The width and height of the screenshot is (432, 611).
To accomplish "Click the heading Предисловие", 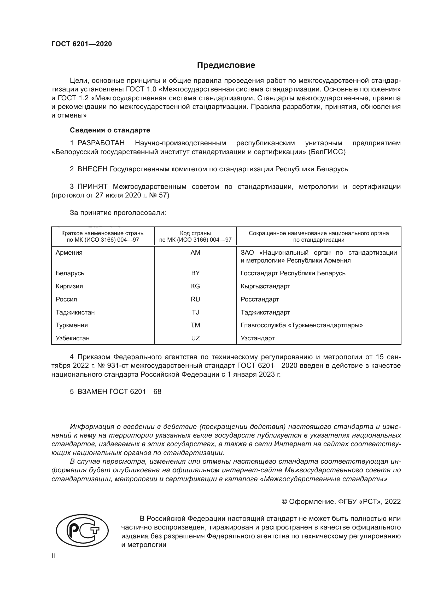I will [x=226, y=65].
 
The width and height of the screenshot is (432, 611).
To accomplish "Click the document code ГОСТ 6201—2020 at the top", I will [x=82, y=44].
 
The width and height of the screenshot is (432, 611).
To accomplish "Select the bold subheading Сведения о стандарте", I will [x=110, y=130].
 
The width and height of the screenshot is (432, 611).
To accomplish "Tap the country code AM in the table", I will [x=195, y=253].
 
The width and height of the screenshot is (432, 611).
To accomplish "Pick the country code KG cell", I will [x=195, y=286].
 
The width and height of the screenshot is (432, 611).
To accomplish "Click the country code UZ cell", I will [x=195, y=338].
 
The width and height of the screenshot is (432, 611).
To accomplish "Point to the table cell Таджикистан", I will [x=75, y=312].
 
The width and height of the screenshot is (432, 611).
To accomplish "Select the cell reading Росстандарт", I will [x=260, y=299].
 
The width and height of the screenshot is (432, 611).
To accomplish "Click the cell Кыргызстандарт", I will [x=265, y=286].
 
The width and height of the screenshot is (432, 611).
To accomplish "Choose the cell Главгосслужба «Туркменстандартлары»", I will [x=302, y=325].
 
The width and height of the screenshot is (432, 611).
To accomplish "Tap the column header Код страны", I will [x=195, y=233].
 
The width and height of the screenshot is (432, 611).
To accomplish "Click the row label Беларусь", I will [x=70, y=273].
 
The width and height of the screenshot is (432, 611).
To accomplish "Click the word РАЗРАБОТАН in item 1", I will [x=101, y=143].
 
